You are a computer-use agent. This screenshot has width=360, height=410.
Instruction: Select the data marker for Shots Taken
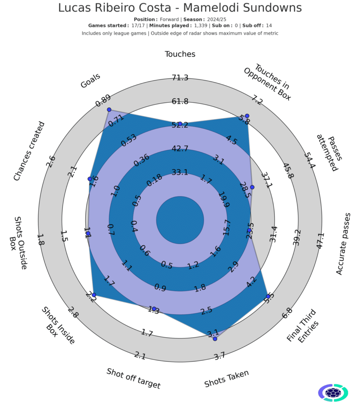[x=215, y=339]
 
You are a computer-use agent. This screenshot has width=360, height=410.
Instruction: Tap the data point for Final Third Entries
[x=268, y=296]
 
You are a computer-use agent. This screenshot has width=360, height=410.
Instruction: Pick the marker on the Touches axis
[x=180, y=123]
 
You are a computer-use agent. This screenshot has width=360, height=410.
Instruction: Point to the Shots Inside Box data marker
[x=94, y=295]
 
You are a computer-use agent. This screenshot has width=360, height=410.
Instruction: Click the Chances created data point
[x=89, y=179]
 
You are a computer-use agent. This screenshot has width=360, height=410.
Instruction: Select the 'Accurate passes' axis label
[x=343, y=244]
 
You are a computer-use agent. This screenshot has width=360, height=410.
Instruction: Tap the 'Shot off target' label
[x=133, y=378]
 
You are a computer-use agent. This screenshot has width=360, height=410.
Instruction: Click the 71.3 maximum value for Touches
[x=180, y=78]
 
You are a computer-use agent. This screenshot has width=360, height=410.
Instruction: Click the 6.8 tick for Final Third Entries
[x=287, y=313]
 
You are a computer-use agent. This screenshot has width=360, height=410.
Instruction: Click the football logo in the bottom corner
[x=333, y=393]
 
